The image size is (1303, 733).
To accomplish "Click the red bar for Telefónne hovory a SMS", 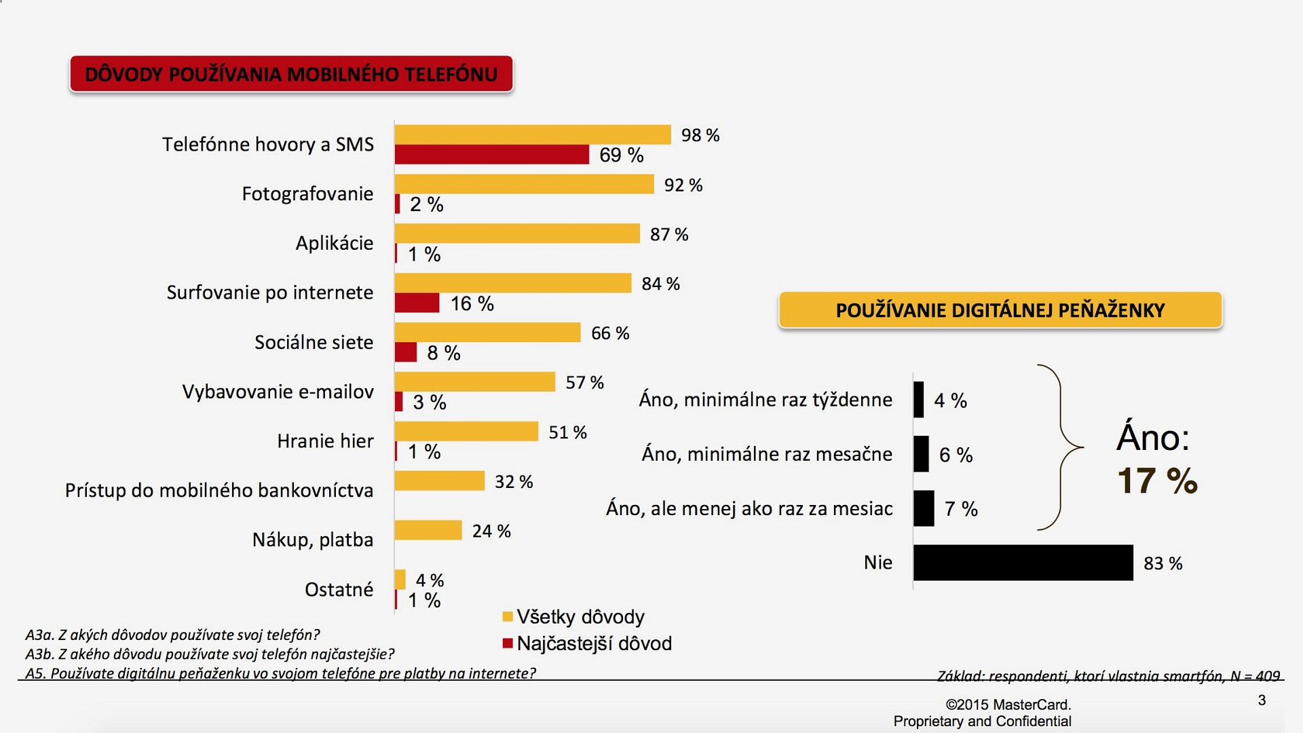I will (491, 155).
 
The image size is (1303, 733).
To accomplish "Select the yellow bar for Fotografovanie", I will (524, 184).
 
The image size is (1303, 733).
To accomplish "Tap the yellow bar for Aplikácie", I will (516, 233).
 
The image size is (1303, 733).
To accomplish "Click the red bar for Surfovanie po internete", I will (417, 303).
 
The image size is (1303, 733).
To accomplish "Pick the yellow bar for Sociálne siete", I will (487, 333).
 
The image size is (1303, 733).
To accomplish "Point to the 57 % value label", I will (584, 383).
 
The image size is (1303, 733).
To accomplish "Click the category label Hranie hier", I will (325, 441).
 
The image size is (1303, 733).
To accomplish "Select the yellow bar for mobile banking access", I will (439, 481).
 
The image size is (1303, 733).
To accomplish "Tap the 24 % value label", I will (491, 531).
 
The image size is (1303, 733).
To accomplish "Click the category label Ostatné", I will (339, 589).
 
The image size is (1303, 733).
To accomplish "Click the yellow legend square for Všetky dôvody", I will (507, 617).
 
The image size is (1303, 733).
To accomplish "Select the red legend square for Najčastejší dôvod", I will (507, 643).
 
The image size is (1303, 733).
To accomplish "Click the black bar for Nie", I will (1023, 563).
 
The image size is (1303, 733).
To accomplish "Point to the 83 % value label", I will (1163, 563).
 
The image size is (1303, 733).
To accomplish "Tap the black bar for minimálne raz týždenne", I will (918, 400).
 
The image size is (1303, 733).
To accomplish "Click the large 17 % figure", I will (1157, 481).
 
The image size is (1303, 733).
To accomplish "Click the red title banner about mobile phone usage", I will (291, 74).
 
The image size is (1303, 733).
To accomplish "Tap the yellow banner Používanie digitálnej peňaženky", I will (1000, 310).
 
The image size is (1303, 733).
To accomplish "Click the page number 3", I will (1262, 700).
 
